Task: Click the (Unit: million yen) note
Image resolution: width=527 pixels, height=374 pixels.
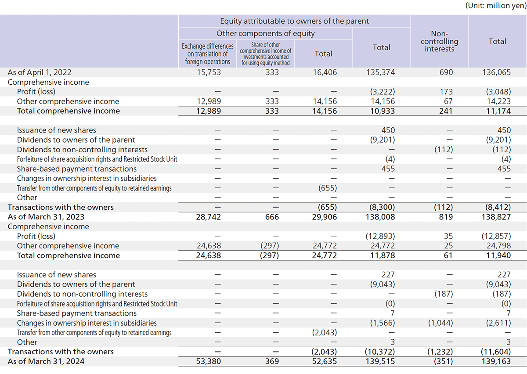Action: (495, 6)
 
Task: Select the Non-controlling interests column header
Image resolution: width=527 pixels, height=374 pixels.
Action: (440, 42)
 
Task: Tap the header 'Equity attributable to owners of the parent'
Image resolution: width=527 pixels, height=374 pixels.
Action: (294, 21)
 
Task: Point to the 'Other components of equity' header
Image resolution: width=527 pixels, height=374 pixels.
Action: (265, 33)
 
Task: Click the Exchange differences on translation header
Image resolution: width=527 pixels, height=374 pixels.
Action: (208, 54)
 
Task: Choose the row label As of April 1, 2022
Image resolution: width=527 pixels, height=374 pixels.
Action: (40, 72)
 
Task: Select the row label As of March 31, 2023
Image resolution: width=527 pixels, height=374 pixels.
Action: (46, 217)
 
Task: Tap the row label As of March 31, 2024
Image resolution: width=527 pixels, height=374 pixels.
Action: (46, 361)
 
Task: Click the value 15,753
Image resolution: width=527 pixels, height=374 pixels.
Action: (208, 72)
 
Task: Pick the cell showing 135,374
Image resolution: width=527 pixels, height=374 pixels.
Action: (381, 72)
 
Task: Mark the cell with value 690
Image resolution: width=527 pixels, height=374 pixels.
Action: (440, 72)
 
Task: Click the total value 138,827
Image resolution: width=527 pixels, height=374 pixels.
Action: (497, 217)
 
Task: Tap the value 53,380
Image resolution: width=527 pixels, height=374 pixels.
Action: (208, 361)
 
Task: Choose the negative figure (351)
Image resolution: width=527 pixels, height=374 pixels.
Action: (440, 361)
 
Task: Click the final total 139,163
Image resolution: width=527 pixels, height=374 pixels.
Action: (497, 361)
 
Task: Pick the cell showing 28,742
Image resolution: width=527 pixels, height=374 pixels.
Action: (208, 217)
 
